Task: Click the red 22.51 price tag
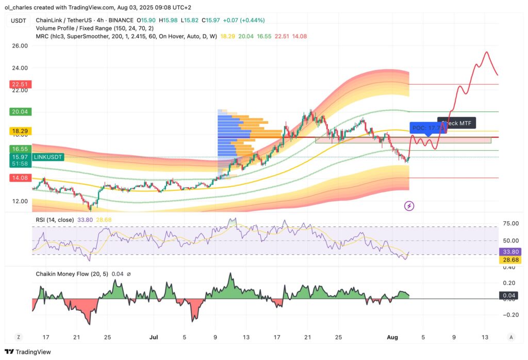pyautogui.click(x=19, y=85)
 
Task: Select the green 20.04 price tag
pyautogui.click(x=19, y=111)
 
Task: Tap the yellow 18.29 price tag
pyautogui.click(x=19, y=131)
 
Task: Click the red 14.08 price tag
pyautogui.click(x=19, y=178)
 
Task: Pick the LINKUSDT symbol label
pyautogui.click(x=48, y=157)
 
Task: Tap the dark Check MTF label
pyautogui.click(x=457, y=123)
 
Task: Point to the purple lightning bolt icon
pyautogui.click(x=409, y=206)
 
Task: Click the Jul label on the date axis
pyautogui.click(x=154, y=337)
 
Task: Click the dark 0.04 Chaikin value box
pyautogui.click(x=509, y=296)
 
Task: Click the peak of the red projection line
pyautogui.click(x=486, y=52)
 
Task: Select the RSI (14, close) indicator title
pyautogui.click(x=56, y=220)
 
